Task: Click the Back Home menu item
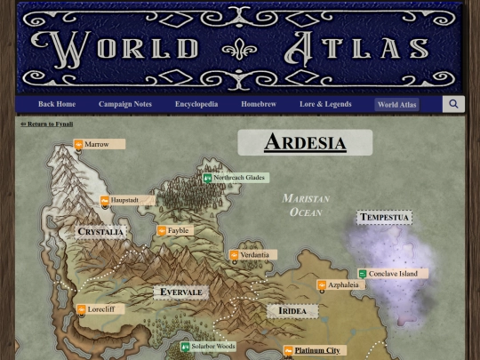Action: click(57, 104)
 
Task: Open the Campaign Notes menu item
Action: click(125, 104)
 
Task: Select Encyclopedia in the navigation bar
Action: click(196, 104)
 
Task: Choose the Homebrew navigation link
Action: click(259, 104)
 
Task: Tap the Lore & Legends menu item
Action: click(325, 104)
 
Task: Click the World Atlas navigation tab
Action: click(396, 105)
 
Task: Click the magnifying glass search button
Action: click(453, 104)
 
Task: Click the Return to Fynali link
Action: click(47, 124)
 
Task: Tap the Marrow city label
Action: click(98, 144)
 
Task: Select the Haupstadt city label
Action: click(124, 201)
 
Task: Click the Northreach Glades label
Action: click(238, 178)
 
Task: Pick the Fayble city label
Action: click(178, 231)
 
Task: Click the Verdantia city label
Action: click(253, 255)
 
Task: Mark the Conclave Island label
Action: click(393, 274)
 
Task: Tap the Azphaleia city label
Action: click(342, 285)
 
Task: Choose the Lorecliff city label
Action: click(100, 309)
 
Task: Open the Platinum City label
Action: click(316, 351)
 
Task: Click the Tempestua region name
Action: click(384, 218)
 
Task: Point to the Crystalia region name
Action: click(100, 232)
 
